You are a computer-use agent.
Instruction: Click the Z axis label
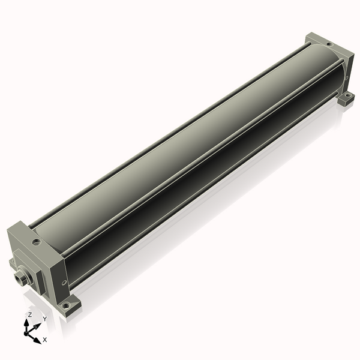(29, 315)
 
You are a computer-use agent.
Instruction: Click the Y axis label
(45, 319)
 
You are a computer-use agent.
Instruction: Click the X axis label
(45, 340)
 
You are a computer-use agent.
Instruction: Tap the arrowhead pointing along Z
(26, 323)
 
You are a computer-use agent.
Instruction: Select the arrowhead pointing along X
(37, 341)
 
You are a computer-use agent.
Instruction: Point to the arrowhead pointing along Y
(38, 326)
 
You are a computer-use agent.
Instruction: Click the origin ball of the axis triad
(26, 334)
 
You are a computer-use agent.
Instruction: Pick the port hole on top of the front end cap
(37, 242)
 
